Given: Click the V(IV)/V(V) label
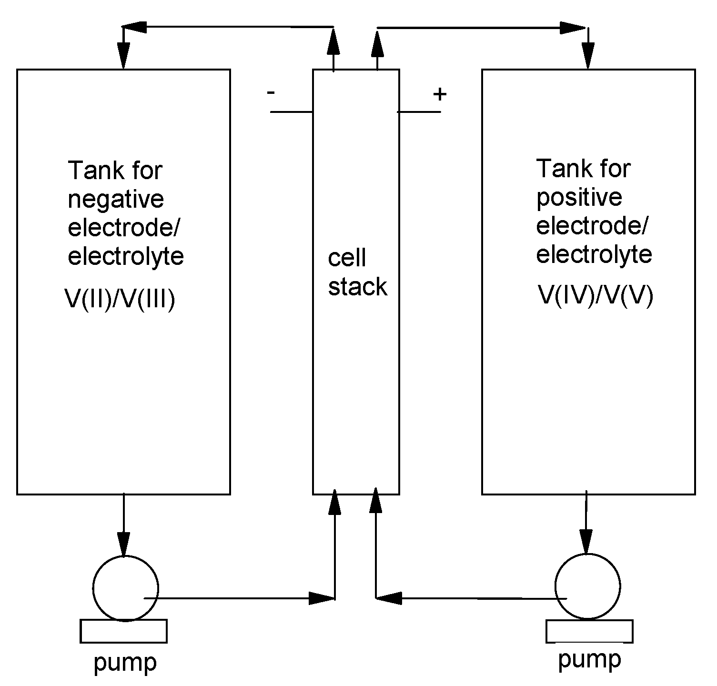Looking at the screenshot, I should [595, 295].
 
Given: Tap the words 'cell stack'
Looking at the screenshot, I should [357, 272].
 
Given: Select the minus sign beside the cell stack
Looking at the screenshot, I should [271, 92].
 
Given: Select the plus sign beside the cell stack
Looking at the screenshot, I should [440, 94].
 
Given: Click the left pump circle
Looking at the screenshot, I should [125, 589].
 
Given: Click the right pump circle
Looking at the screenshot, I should [588, 586].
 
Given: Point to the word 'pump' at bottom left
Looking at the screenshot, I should [125, 663].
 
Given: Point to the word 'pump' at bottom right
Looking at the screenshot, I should [589, 660].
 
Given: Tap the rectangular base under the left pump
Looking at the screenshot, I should [124, 631].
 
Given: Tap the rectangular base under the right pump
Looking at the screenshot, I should [589, 631].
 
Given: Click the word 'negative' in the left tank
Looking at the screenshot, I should [116, 200].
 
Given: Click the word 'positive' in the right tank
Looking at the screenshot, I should [579, 197].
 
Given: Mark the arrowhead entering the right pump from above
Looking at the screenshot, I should [586, 541].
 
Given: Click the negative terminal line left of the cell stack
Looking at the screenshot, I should [291, 112].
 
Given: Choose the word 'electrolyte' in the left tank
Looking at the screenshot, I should [126, 257].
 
